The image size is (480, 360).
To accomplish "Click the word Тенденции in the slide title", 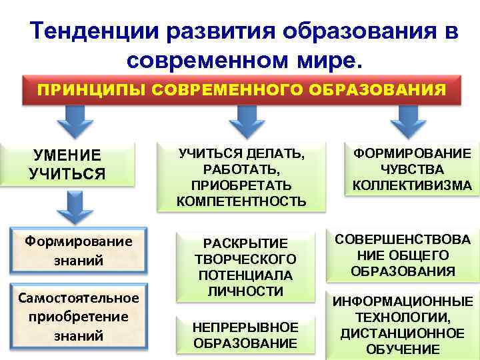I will point(94,31).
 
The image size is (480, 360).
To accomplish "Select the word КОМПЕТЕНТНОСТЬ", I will point(241,200).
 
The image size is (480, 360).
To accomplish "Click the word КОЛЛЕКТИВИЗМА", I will point(411,185).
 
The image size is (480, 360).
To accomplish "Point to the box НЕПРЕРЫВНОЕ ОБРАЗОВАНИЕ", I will point(245,335).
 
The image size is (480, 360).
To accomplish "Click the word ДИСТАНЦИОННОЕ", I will point(402,332).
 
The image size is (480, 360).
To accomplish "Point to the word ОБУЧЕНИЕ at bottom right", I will point(402,349).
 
